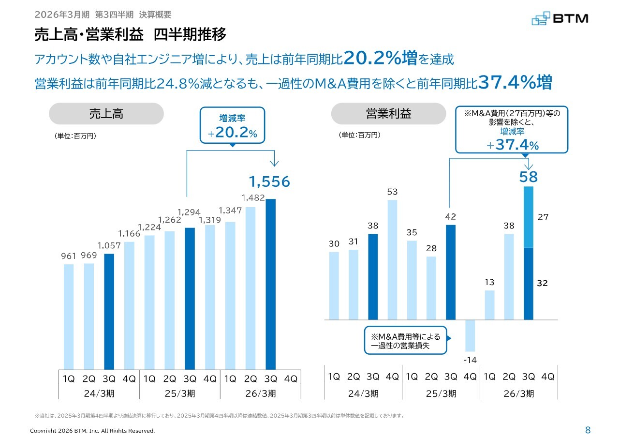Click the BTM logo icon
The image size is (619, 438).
click(x=541, y=19)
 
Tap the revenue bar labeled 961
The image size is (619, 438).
click(x=69, y=317)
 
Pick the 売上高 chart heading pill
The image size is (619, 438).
click(x=106, y=114)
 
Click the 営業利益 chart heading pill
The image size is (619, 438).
click(x=388, y=114)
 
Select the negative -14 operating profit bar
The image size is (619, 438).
click(x=470, y=335)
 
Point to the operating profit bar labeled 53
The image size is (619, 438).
click(x=392, y=259)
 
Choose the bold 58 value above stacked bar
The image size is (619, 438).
click(x=529, y=177)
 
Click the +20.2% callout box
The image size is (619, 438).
click(x=233, y=125)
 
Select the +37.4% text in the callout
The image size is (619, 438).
click(x=512, y=145)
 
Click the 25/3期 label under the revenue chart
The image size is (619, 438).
click(x=180, y=393)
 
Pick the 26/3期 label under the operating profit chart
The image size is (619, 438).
click(x=519, y=393)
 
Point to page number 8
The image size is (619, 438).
click(x=588, y=430)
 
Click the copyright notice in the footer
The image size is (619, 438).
click(x=92, y=431)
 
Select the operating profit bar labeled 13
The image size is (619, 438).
click(x=490, y=305)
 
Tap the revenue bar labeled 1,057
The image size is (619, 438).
click(x=109, y=312)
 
